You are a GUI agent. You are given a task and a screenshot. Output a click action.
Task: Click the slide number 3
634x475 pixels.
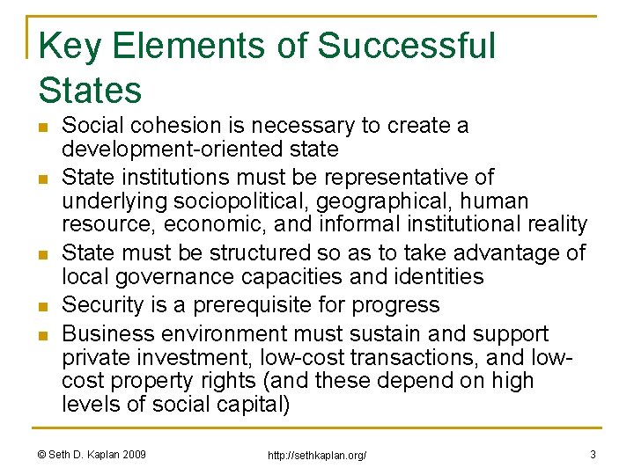pos(593,454)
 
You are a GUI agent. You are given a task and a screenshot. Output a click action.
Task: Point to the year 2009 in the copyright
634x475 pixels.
pos(132,454)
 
